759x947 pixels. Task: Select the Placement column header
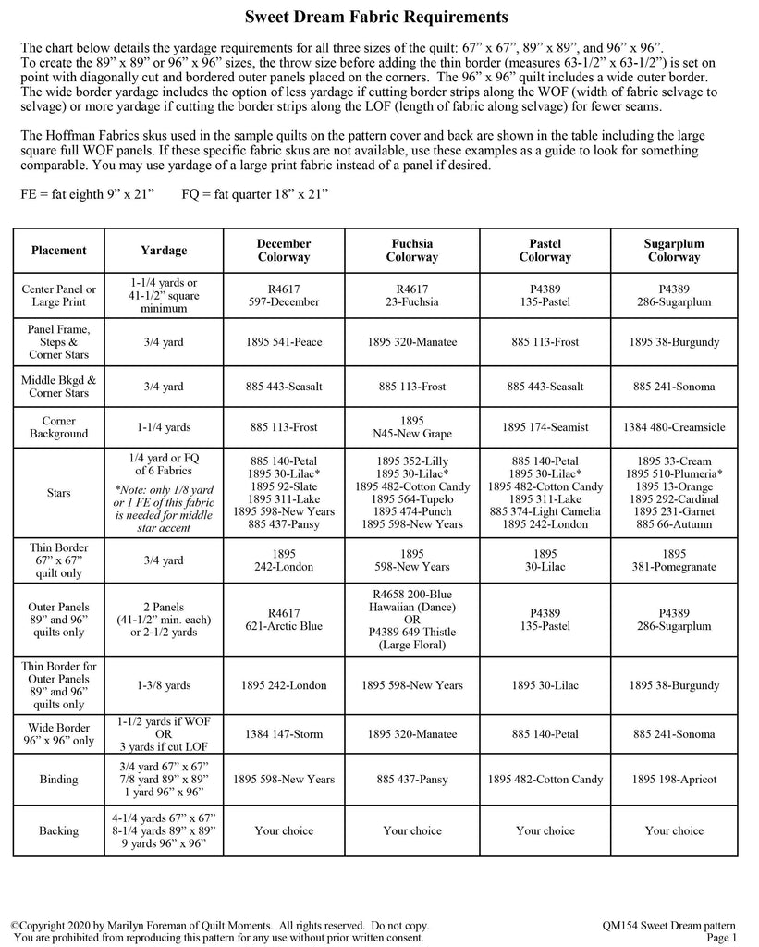click(59, 250)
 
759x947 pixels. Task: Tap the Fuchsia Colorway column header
click(412, 250)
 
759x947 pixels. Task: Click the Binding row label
click(59, 780)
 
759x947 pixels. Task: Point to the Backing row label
click(59, 830)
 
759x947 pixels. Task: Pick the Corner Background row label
click(59, 427)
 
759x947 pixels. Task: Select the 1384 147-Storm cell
click(284, 734)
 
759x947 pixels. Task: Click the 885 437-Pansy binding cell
click(412, 780)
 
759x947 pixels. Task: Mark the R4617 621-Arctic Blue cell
click(284, 619)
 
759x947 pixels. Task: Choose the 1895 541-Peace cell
click(284, 342)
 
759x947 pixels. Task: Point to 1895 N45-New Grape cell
click(412, 427)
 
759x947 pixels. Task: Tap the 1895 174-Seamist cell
click(545, 427)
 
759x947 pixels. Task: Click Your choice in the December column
click(284, 830)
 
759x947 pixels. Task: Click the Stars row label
click(59, 494)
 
